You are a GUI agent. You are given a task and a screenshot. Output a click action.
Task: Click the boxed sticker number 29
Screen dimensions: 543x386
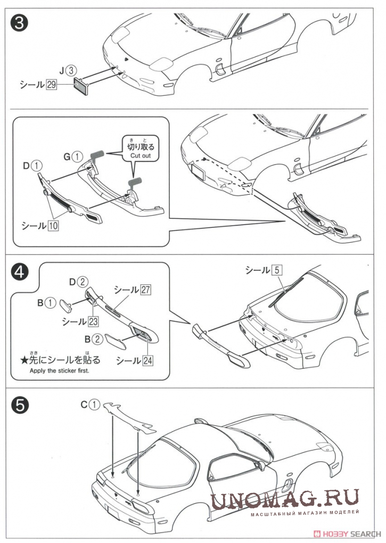click(x=51, y=84)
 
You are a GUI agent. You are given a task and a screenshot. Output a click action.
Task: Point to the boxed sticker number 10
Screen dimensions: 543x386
click(x=53, y=225)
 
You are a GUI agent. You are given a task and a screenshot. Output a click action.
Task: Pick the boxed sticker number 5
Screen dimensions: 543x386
click(x=276, y=270)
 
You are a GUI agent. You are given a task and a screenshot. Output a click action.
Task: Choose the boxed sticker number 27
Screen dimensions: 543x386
click(x=145, y=290)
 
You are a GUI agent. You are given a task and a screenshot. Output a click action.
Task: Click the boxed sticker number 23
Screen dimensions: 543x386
click(x=94, y=322)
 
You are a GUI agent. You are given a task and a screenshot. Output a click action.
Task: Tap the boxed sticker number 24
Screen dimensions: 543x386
click(x=147, y=360)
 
